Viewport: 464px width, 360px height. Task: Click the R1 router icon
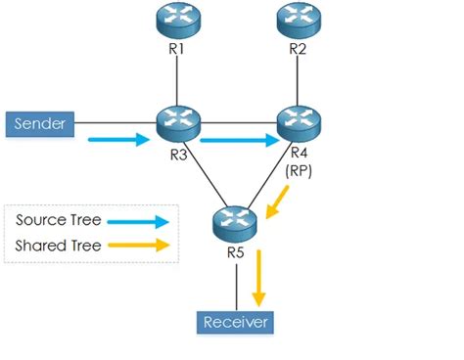177,19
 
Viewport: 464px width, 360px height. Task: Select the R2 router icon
299,19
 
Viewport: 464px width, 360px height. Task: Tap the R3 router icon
177,124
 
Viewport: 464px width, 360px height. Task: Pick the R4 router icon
299,124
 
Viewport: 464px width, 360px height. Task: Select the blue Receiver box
235,322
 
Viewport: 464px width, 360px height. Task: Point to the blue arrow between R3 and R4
239,141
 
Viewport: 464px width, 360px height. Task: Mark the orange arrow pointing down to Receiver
259,278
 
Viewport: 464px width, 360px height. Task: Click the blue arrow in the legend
136,221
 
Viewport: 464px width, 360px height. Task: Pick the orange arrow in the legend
136,245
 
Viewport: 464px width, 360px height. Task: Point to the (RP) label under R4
299,169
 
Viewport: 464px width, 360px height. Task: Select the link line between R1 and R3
177,78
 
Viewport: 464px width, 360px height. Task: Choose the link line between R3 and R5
205,174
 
